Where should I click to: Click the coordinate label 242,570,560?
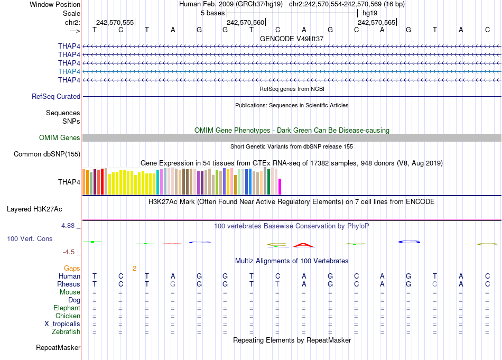click(245, 22)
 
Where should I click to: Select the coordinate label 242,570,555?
click(115, 22)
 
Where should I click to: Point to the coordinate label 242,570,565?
click(376, 22)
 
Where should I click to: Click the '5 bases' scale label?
click(212, 13)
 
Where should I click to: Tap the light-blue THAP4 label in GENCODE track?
click(69, 71)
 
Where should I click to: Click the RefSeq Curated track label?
click(56, 97)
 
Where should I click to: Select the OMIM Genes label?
click(60, 138)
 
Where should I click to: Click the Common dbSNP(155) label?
click(47, 154)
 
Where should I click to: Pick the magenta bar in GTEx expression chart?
click(280, 187)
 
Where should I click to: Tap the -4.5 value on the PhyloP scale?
click(70, 252)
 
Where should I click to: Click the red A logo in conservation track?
click(303, 245)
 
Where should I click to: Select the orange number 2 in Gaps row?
click(134, 268)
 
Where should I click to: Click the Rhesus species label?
click(69, 284)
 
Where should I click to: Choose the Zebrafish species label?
click(66, 332)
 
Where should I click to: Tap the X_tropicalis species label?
click(62, 324)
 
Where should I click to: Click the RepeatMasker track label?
click(58, 348)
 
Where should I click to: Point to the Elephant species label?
click(67, 308)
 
